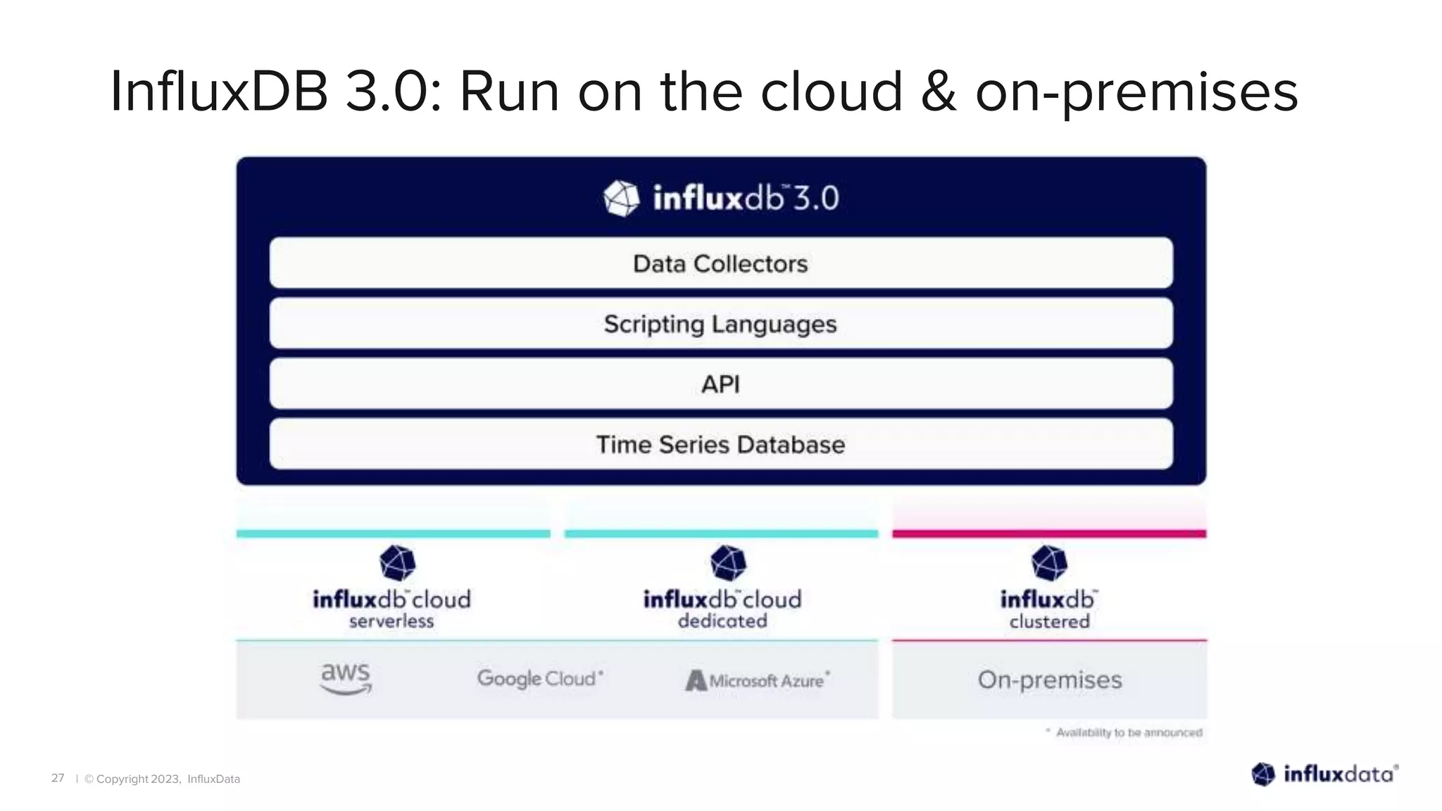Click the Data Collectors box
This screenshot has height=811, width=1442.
pos(721,263)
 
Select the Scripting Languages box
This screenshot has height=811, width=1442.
pos(721,324)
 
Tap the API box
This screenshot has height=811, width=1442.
pos(721,384)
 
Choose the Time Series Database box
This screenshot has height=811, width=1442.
pos(721,444)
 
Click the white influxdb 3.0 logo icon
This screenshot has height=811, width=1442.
pos(622,199)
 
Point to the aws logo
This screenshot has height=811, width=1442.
pos(346,679)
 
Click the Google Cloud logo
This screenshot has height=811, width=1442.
pos(539,679)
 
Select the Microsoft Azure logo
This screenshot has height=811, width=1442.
pos(758,680)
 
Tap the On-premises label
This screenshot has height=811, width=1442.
pos(1049,680)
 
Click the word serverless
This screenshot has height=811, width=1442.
pos(391,622)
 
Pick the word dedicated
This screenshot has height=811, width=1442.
pos(722,622)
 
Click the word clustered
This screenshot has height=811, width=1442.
pos(1049,622)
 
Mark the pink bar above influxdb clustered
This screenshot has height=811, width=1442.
pos(1049,534)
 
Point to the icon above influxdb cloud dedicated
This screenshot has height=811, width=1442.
pos(728,562)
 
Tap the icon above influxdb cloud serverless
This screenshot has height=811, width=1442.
pos(397,562)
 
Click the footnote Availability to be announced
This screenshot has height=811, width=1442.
pos(1128,733)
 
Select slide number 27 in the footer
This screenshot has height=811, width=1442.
pos(58,778)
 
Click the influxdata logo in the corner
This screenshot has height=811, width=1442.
pos(1324,774)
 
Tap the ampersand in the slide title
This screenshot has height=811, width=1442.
pos(939,92)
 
